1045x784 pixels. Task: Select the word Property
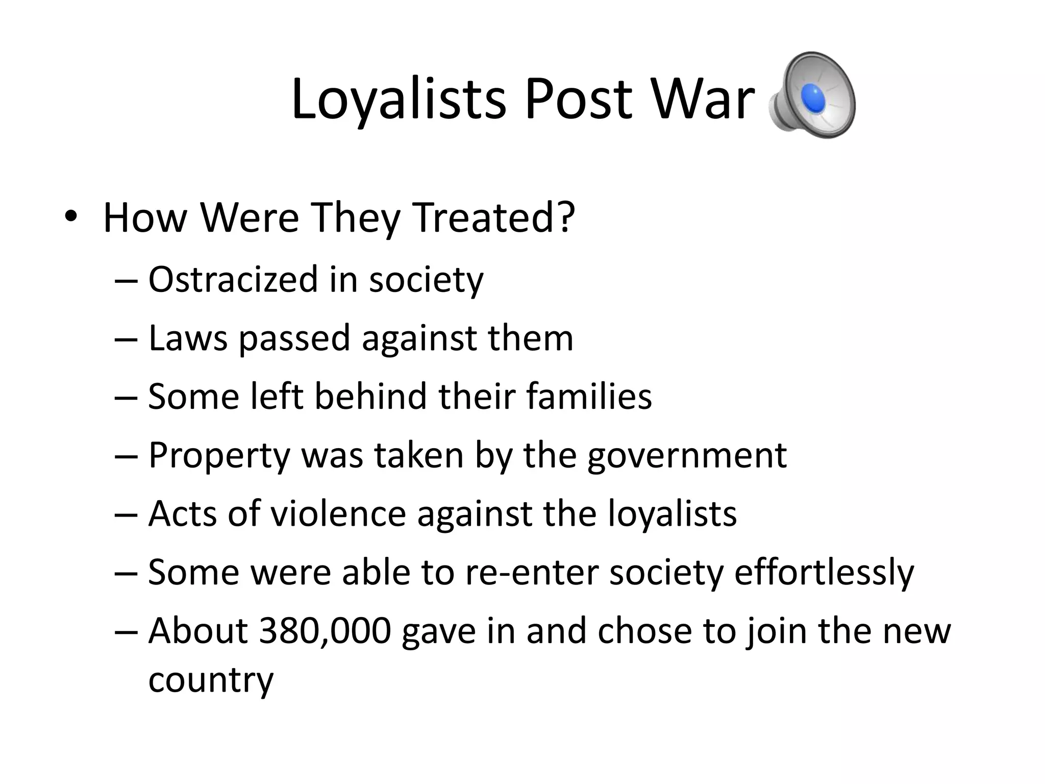point(219,456)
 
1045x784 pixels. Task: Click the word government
point(687,456)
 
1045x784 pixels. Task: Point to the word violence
point(338,513)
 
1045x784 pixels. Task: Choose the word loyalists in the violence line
point(672,514)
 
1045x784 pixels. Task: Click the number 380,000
point(325,631)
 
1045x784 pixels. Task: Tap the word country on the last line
point(211,680)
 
